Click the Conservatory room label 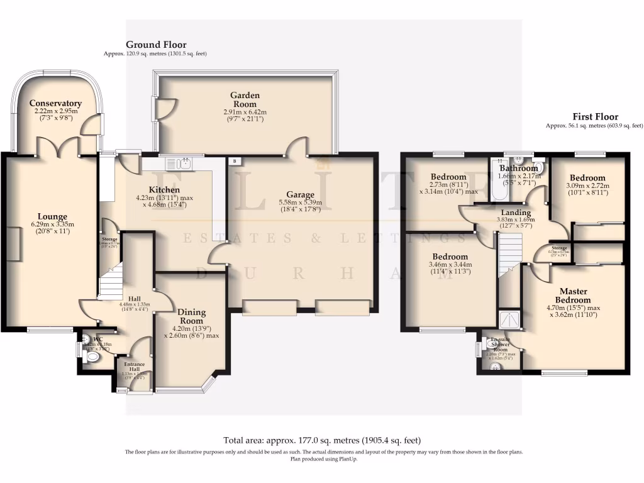coord(55,103)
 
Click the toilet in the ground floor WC coord(92,357)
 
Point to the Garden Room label coord(245,99)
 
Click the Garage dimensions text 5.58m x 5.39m coord(304,203)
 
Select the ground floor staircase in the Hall coord(110,281)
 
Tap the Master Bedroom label coord(573,296)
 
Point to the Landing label coord(516,213)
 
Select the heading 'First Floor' coord(595,116)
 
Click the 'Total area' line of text coord(322,440)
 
